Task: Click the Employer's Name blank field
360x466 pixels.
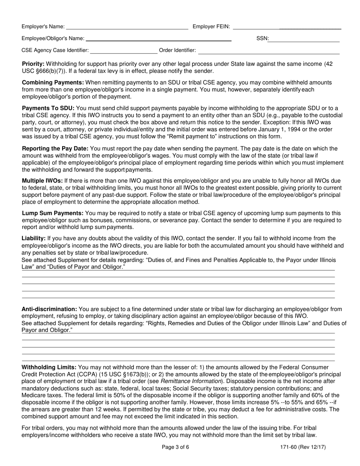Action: click(127, 27)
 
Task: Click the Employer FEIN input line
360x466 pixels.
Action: click(287, 27)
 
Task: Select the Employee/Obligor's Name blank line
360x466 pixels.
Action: click(158, 38)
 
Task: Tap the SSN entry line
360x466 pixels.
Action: click(304, 38)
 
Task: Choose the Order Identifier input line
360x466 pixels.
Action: click(269, 50)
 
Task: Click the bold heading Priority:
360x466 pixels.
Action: click(33, 64)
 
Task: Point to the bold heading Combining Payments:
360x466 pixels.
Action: click(53, 83)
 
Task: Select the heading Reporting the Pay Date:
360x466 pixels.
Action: click(55, 149)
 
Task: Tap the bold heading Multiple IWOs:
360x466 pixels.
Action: click(42, 181)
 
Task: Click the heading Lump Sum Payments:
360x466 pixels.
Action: click(53, 213)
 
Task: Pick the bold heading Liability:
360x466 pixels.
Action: click(34, 238)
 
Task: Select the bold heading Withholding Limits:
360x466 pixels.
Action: click(49, 367)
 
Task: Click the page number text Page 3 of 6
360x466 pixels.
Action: click(175, 447)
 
